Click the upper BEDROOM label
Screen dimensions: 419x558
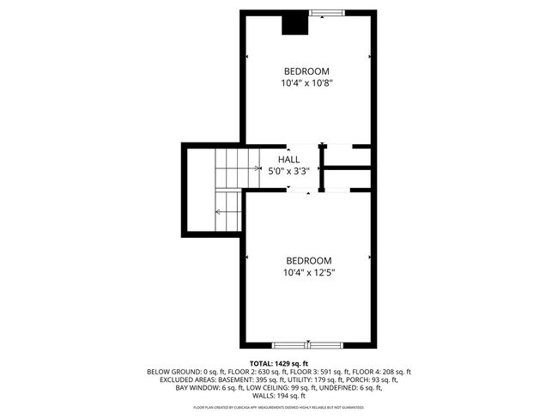pos(306,70)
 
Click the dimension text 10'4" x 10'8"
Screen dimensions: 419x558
pos(306,83)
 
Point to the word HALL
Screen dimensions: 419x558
pos(288,159)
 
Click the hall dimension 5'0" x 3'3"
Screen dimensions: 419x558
pos(288,171)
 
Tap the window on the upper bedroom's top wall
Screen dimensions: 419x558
pos(324,12)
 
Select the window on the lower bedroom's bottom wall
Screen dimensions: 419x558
pos(307,345)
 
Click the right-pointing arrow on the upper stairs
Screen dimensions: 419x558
pos(258,168)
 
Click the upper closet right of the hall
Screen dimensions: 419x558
pos(349,155)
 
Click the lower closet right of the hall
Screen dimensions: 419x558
pos(349,178)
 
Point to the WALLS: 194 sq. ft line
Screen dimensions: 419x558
pos(279,396)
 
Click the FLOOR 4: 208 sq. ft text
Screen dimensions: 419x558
pos(382,372)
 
